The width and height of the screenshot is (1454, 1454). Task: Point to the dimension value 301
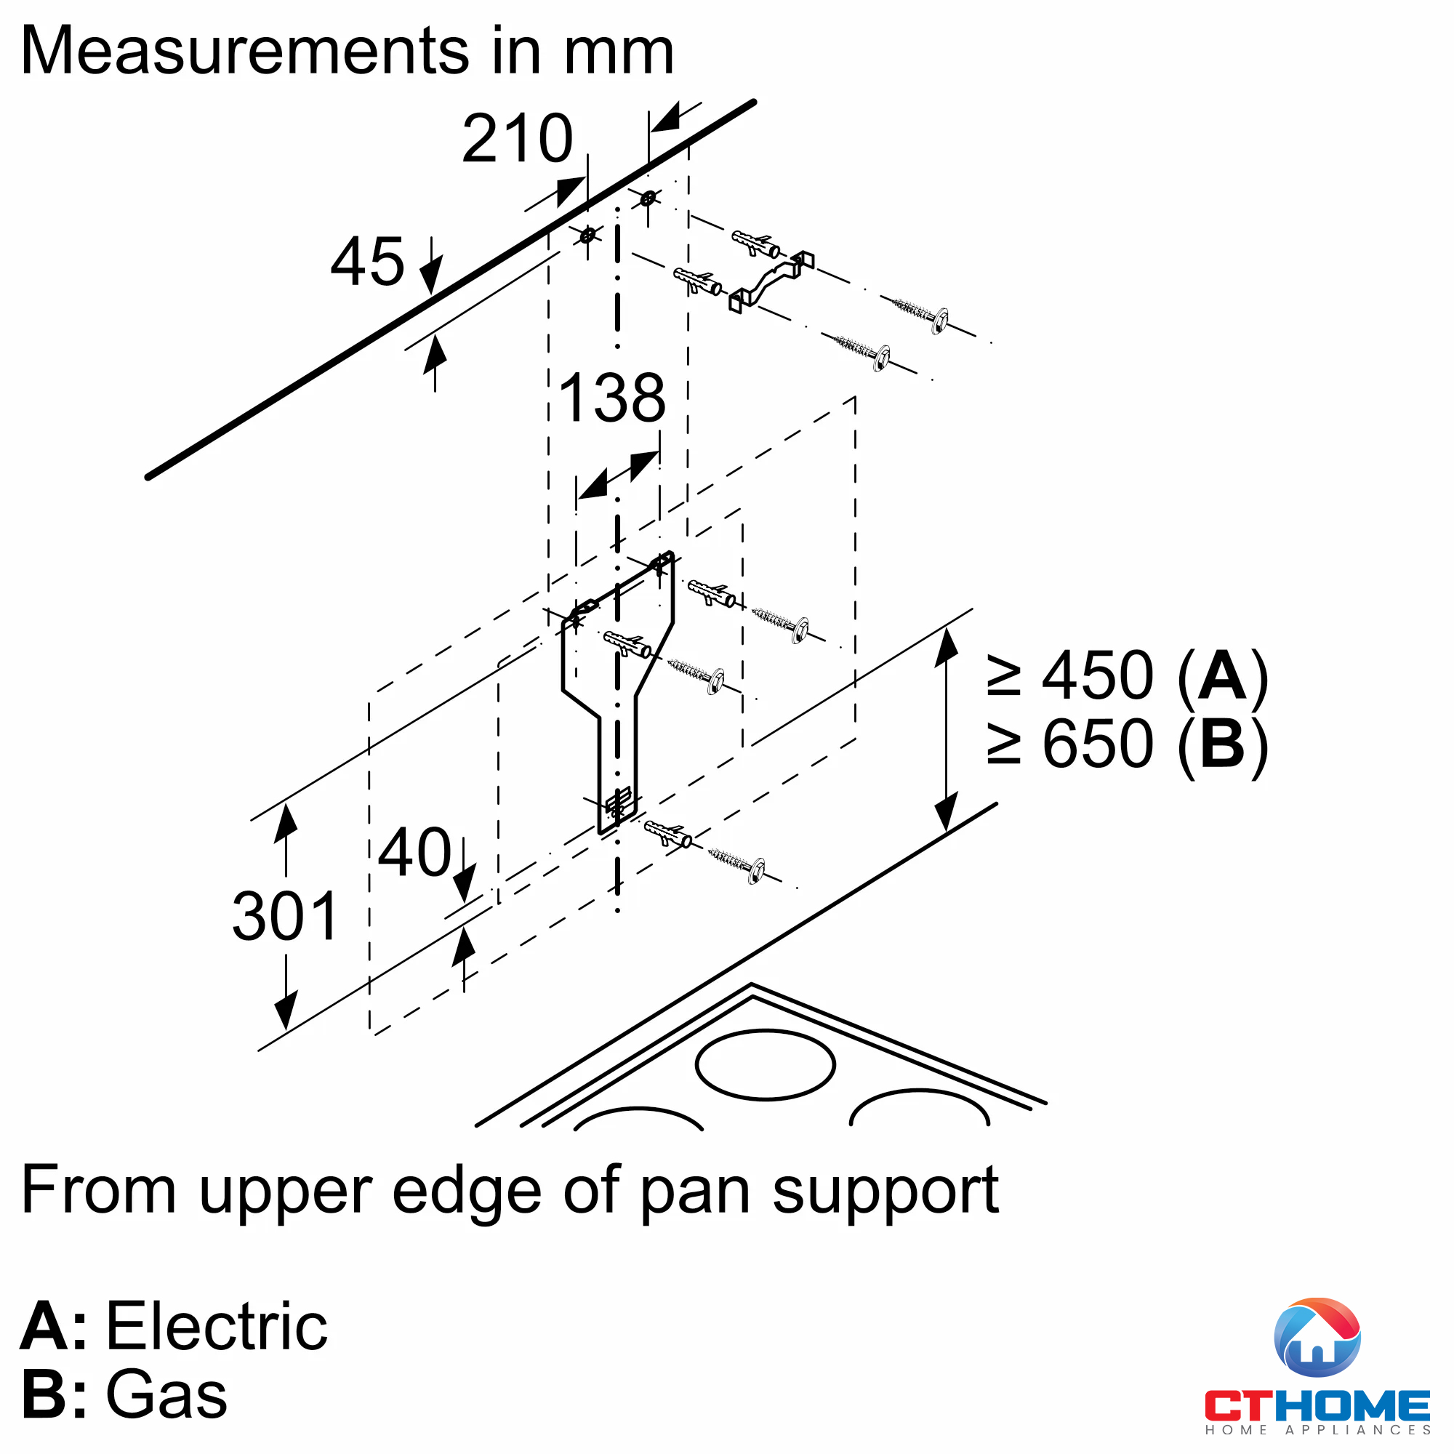pyautogui.click(x=285, y=916)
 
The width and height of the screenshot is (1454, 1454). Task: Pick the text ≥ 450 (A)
pyautogui.click(x=1127, y=675)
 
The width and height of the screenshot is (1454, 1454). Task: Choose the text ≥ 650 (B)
pyautogui.click(x=1127, y=744)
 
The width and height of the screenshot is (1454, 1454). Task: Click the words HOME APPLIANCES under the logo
pyautogui.click(x=1317, y=1429)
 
